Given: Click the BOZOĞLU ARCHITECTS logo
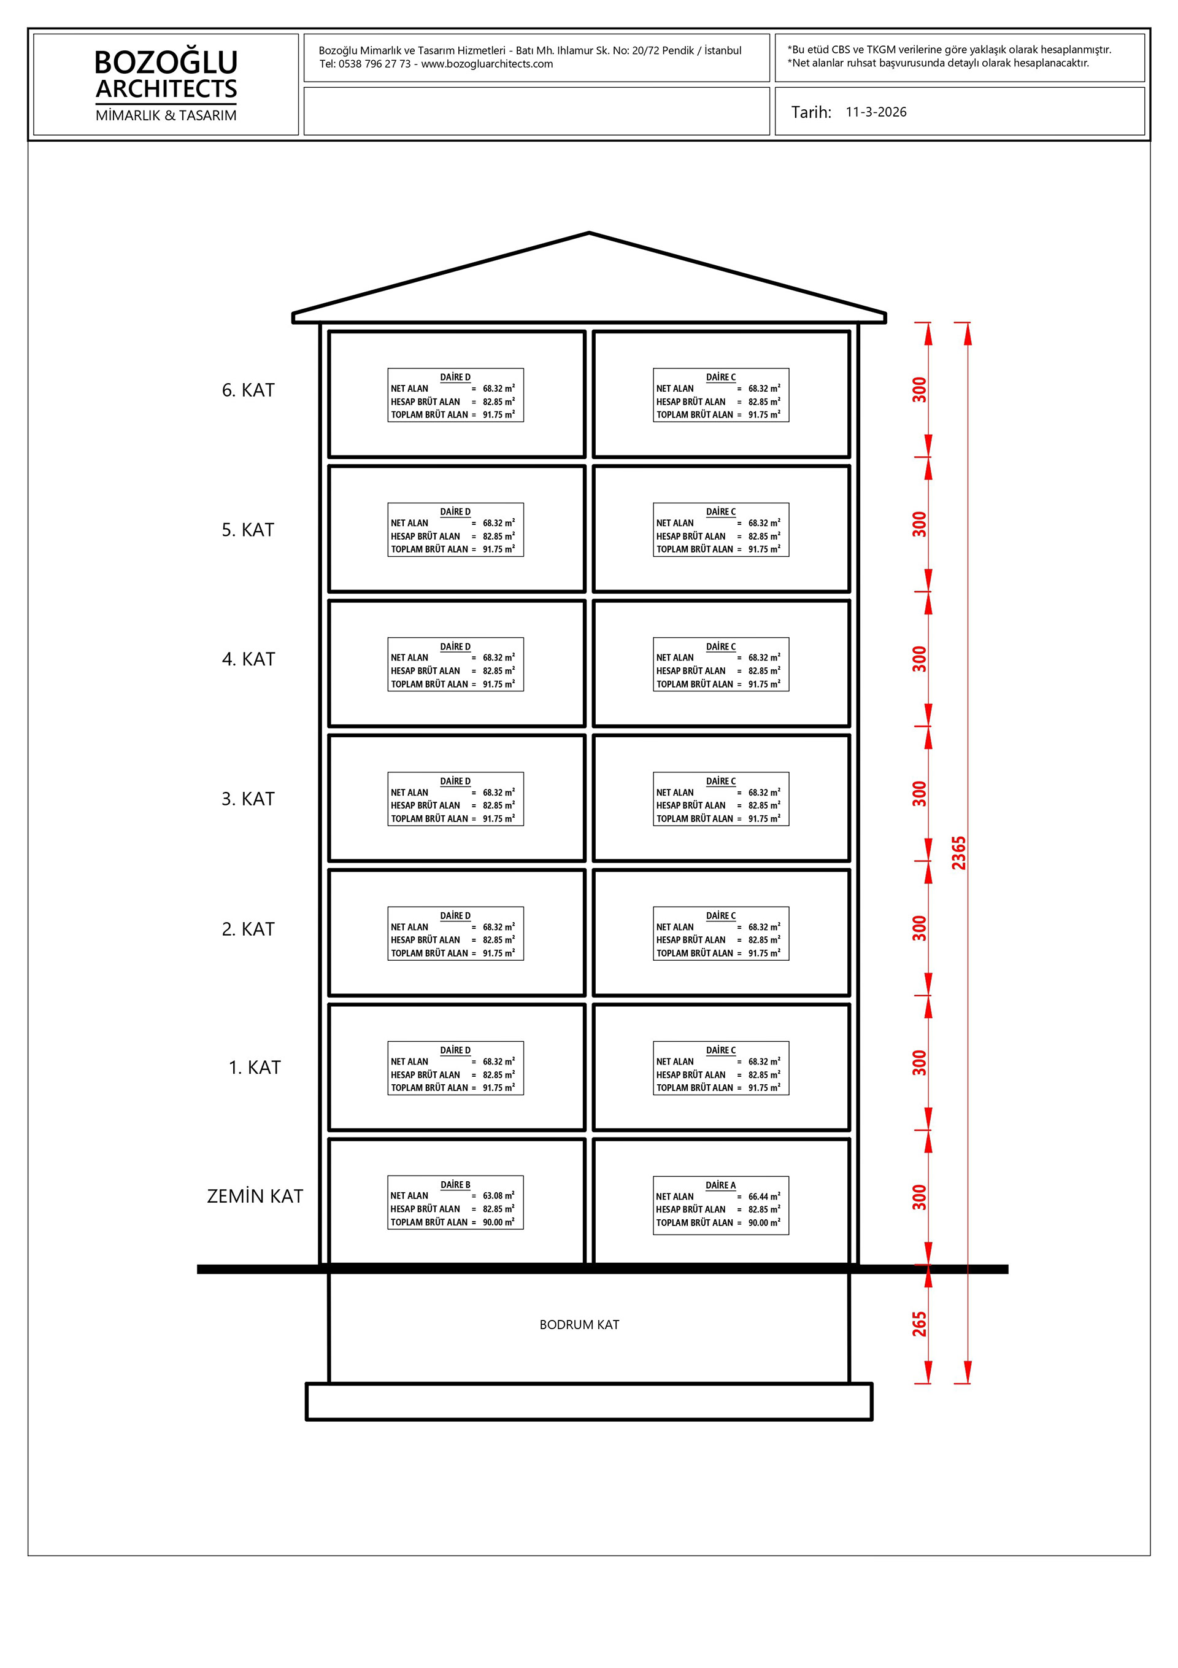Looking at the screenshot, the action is (166, 75).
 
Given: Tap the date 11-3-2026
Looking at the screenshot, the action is (876, 112).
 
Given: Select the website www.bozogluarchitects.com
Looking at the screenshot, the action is (487, 64).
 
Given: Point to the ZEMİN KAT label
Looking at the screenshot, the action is (255, 1197).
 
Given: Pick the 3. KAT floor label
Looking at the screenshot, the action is (248, 799).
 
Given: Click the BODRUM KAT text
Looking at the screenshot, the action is (579, 1325).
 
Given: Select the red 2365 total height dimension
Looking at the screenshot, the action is (959, 853).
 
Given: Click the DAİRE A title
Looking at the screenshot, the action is (720, 1185).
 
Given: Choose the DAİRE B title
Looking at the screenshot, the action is (455, 1184).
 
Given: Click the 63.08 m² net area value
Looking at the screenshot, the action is (499, 1196).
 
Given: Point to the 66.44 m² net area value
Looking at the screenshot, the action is (764, 1197).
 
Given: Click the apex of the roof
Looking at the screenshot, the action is (589, 233).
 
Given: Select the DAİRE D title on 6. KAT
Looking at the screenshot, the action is (455, 377).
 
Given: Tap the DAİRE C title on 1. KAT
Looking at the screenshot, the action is (720, 1050).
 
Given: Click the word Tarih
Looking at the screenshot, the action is (810, 112).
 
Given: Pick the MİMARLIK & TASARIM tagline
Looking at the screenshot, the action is (166, 115).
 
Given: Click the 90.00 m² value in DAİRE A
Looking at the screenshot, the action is (764, 1223).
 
